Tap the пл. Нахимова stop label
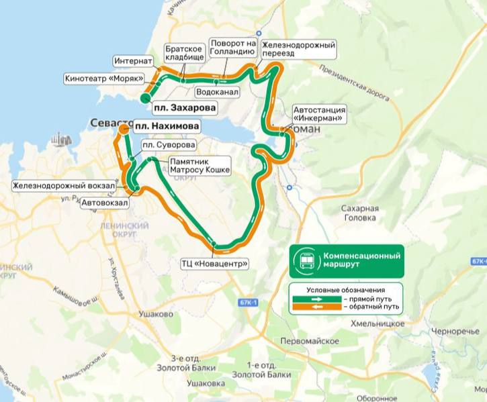[x=167, y=126]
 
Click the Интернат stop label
[x=134, y=60]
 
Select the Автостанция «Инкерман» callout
[x=319, y=114]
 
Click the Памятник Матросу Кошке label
[x=200, y=166]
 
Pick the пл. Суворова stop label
[x=168, y=145]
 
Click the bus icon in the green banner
[x=306, y=261]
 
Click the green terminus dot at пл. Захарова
[x=146, y=99]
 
